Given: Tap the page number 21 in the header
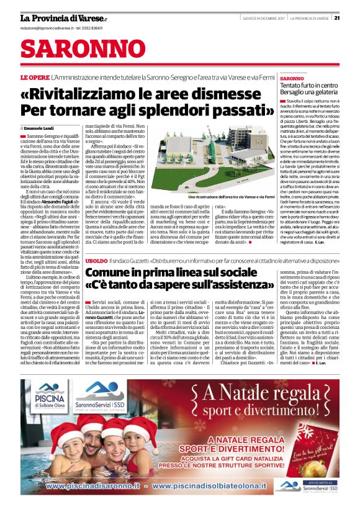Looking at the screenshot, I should coord(354,17).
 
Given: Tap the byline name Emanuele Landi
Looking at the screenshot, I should coord(43,127).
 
